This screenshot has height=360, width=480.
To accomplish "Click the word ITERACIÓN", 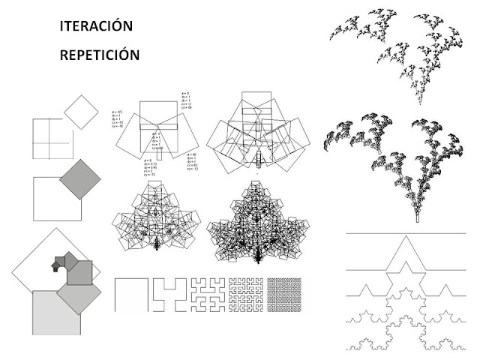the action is tap(96, 26).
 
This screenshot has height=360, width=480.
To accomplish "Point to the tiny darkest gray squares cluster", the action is tap(60, 262).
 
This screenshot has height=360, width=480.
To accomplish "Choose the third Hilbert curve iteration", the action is tap(206, 294).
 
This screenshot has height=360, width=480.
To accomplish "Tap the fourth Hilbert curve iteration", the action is tap(245, 294).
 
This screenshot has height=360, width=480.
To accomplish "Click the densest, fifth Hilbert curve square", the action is tap(284, 294).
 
